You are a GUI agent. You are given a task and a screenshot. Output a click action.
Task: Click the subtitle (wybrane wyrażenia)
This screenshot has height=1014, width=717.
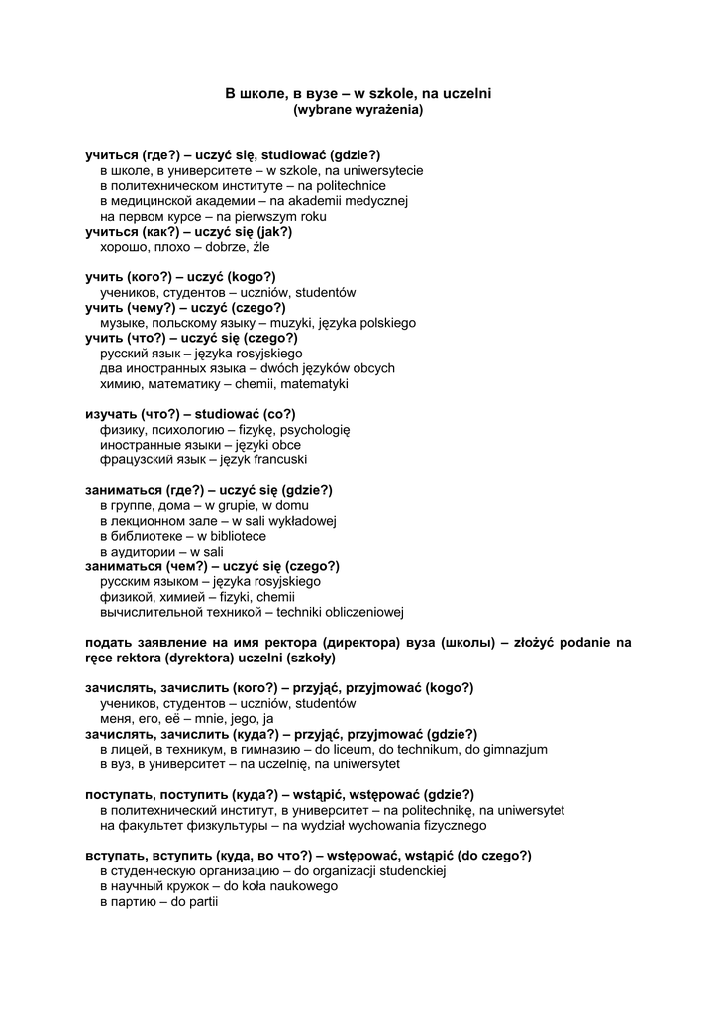tap(358, 111)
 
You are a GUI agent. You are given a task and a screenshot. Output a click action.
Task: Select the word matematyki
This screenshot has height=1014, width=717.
tap(311, 384)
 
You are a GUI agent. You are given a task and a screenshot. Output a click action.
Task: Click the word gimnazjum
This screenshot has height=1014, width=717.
tap(514, 750)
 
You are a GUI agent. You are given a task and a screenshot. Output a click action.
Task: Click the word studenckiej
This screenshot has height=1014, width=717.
tap(406, 871)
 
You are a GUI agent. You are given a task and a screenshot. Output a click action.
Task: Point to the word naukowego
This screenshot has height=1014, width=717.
tap(296, 886)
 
